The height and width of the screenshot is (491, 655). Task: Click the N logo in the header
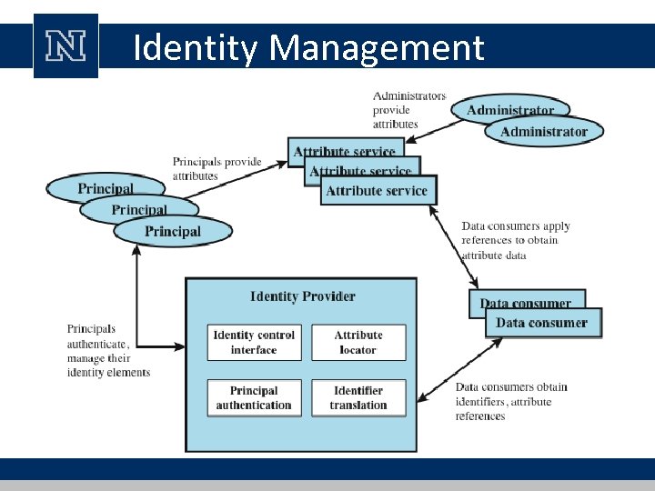65,46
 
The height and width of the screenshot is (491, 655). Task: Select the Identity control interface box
254,342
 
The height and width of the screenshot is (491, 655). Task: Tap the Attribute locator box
358,342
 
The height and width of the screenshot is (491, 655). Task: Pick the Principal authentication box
254,398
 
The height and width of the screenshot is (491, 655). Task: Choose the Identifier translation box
358,398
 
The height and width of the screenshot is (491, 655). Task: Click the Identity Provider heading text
302,296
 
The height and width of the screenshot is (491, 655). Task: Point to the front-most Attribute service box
376,191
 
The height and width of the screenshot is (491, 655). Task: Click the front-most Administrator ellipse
543,132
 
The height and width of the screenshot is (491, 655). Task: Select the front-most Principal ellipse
172,231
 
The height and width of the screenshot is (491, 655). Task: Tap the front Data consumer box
541,323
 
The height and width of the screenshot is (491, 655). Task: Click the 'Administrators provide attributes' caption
408,109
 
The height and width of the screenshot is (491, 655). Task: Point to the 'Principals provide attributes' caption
217,168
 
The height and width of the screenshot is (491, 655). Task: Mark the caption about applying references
516,240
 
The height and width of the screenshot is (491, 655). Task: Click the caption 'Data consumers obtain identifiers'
510,401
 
